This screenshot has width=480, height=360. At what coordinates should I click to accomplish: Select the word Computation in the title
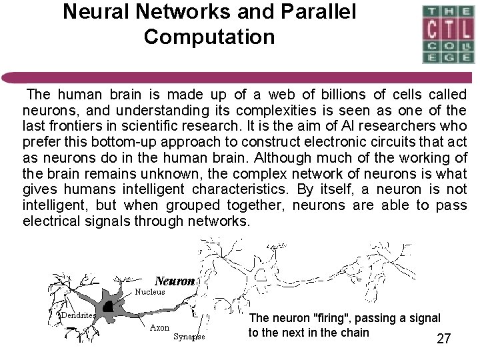click(x=209, y=37)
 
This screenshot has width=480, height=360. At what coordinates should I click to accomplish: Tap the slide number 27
click(x=443, y=339)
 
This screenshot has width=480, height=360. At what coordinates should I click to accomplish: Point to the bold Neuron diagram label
click(x=175, y=281)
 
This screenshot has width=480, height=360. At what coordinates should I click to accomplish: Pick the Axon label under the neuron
click(x=160, y=328)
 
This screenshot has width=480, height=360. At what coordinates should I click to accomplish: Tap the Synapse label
click(x=189, y=337)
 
